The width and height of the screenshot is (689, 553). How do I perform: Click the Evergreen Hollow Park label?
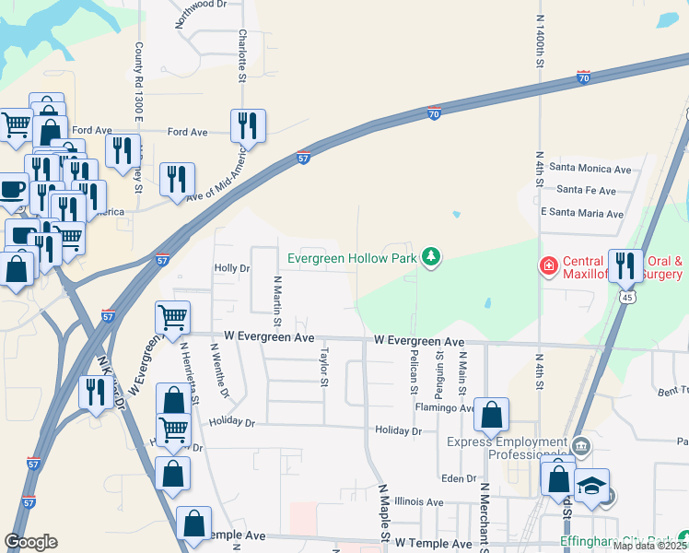(x=352, y=259)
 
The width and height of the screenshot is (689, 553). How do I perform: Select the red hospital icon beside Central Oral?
(x=548, y=265)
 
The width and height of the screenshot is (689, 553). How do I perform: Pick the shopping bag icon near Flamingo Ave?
(x=492, y=416)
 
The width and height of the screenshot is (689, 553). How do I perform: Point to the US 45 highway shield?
(x=627, y=298)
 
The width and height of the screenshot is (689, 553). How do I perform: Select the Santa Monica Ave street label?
(x=590, y=169)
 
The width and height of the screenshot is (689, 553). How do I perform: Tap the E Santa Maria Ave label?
(x=581, y=213)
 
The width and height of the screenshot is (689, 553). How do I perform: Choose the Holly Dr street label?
(x=232, y=268)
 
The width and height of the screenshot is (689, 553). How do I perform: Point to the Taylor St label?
(x=323, y=368)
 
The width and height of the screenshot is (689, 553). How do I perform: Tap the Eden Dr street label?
(x=458, y=478)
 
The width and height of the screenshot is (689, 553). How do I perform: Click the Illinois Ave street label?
(x=418, y=502)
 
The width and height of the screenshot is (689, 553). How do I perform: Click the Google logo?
(x=30, y=542)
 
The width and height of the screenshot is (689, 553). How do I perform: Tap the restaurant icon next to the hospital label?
(x=628, y=266)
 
